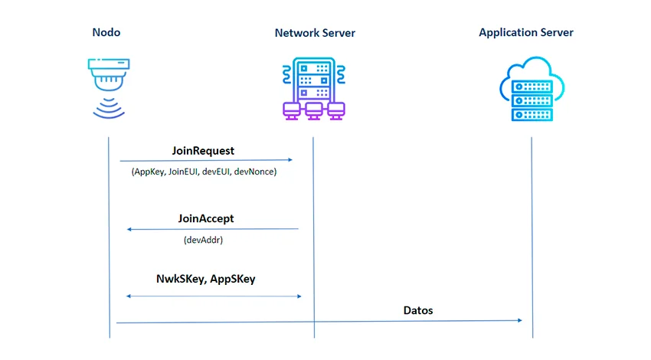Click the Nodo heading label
106,32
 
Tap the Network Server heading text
315,33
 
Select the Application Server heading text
526,33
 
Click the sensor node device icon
109,88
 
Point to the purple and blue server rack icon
314,88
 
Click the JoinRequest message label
203,151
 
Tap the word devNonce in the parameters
254,172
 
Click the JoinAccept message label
206,218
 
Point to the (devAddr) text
203,240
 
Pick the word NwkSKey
181,279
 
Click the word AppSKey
233,279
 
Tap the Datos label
418,310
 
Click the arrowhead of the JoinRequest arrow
290,159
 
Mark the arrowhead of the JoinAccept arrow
129,229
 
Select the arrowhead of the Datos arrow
519,320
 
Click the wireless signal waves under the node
109,109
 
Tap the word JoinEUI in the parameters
183,172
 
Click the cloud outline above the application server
535,59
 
